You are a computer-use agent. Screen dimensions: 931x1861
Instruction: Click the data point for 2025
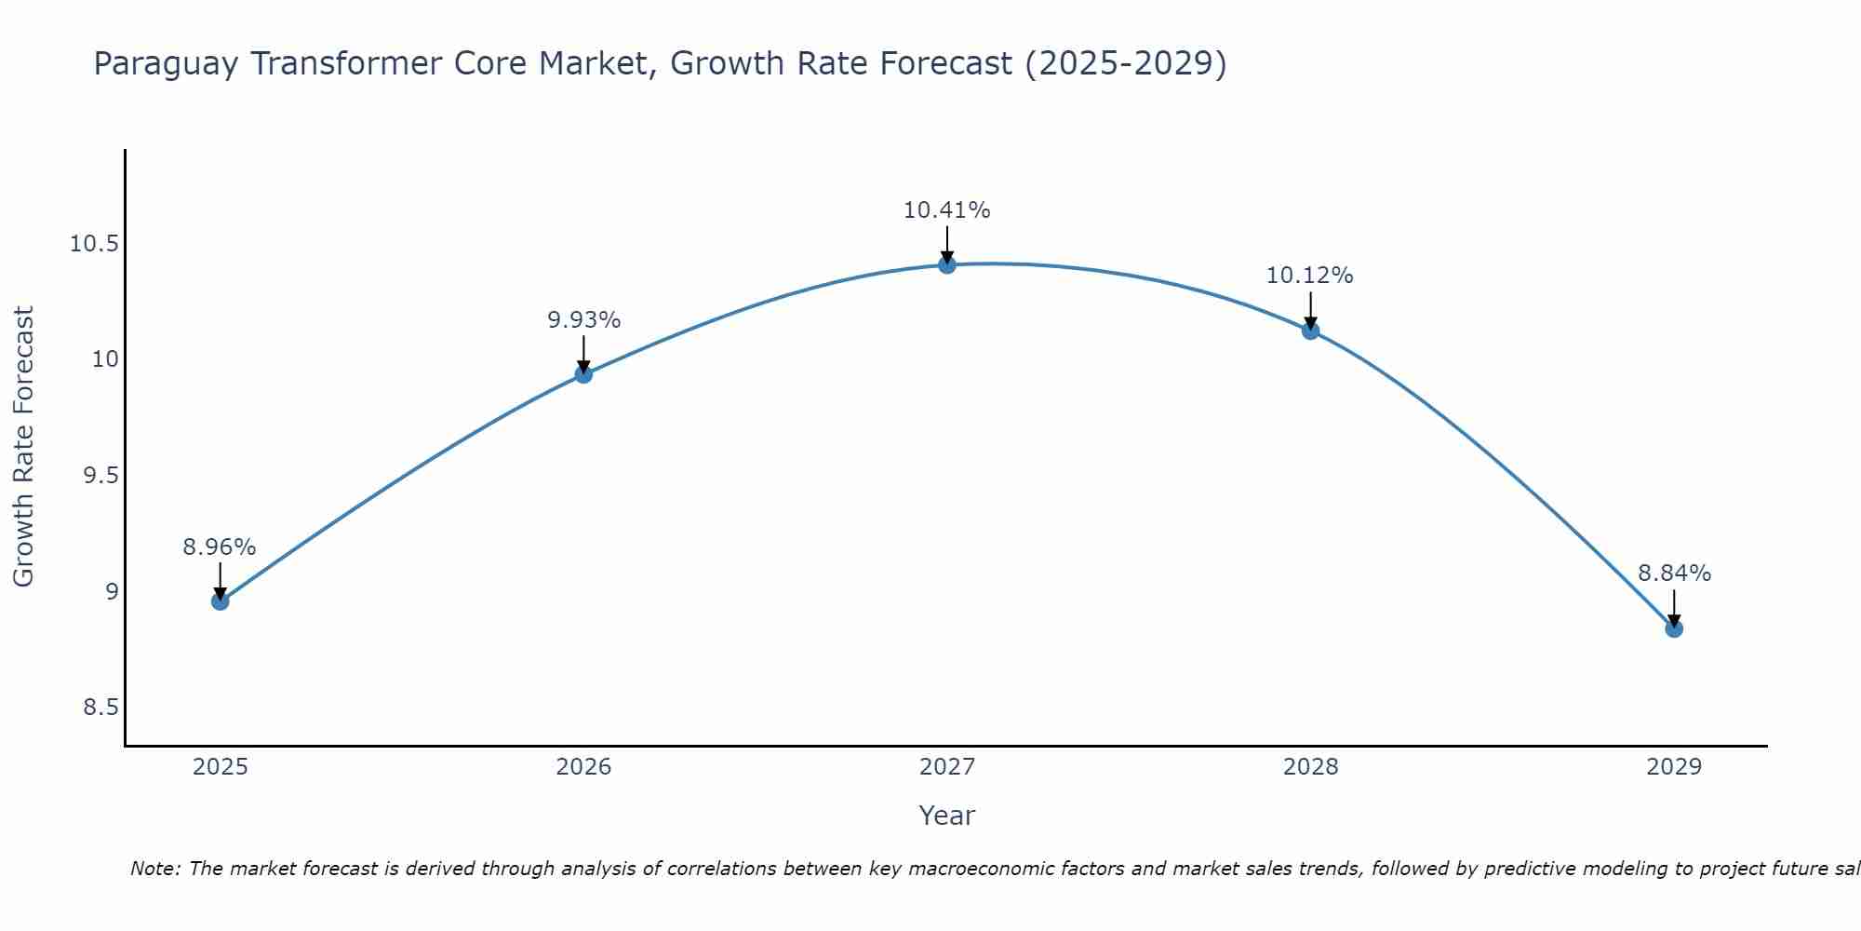click(220, 601)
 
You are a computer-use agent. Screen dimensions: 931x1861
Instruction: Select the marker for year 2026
click(583, 374)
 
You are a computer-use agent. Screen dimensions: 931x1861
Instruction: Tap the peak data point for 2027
click(947, 264)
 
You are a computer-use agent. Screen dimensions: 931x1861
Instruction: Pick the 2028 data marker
click(1310, 331)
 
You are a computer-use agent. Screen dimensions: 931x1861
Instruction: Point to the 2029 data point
click(1674, 628)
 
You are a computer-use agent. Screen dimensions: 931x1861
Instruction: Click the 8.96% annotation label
click(220, 547)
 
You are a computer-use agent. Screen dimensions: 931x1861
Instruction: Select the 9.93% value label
click(583, 320)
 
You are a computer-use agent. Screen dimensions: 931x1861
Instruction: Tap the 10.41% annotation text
click(947, 210)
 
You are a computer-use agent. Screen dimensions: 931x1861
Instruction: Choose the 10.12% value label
click(1310, 276)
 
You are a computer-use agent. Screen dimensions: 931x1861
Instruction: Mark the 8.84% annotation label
click(1674, 573)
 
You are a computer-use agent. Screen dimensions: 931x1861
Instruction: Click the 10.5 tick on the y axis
click(94, 245)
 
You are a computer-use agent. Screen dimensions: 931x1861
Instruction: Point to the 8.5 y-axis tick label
click(100, 708)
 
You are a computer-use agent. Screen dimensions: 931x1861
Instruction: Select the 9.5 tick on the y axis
click(100, 476)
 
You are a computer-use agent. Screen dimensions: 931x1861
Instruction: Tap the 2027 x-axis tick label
click(947, 767)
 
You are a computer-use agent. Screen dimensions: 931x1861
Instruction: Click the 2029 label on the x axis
click(1674, 767)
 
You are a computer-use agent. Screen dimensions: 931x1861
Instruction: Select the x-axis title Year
click(947, 816)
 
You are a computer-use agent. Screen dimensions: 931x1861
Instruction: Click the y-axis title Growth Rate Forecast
click(24, 447)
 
